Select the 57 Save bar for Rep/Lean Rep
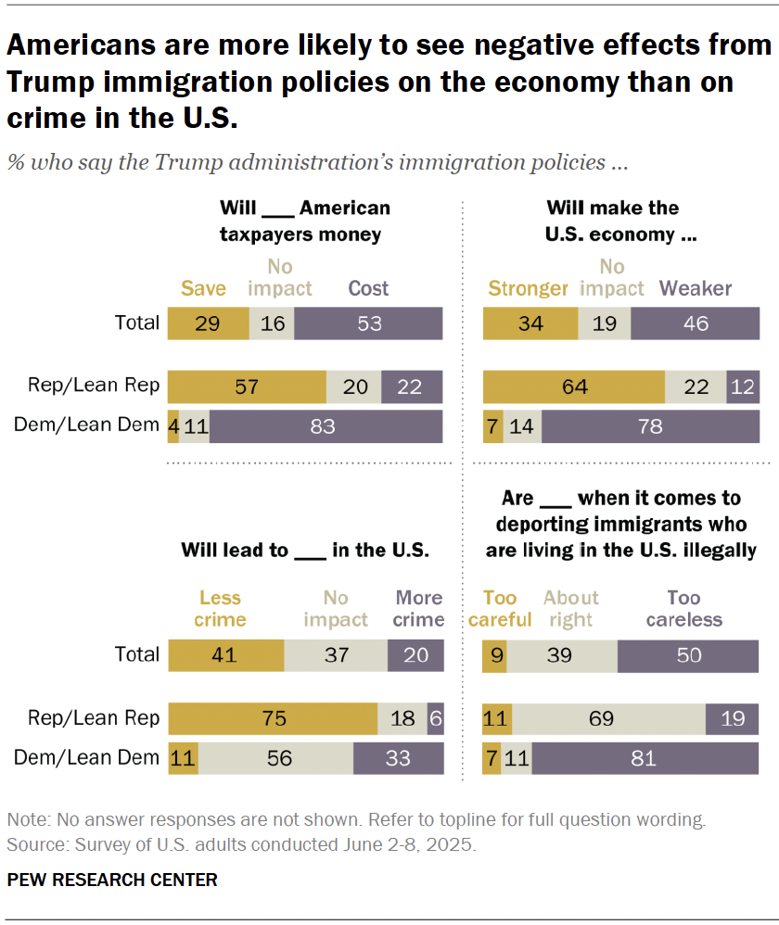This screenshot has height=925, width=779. point(247,386)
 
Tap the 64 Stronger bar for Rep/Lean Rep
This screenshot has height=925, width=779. point(574,386)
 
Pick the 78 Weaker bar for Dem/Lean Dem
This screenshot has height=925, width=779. point(650,425)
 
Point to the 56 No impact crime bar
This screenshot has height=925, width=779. point(279,758)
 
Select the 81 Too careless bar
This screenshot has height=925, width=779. point(645,758)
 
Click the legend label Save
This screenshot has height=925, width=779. point(203,288)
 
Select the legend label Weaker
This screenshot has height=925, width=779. point(696,288)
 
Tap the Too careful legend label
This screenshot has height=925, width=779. point(500,609)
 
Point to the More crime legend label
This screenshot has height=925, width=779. point(418,609)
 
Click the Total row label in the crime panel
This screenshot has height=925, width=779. point(137,654)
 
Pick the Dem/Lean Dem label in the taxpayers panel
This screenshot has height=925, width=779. point(87,425)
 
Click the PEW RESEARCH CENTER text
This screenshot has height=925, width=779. point(112,880)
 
